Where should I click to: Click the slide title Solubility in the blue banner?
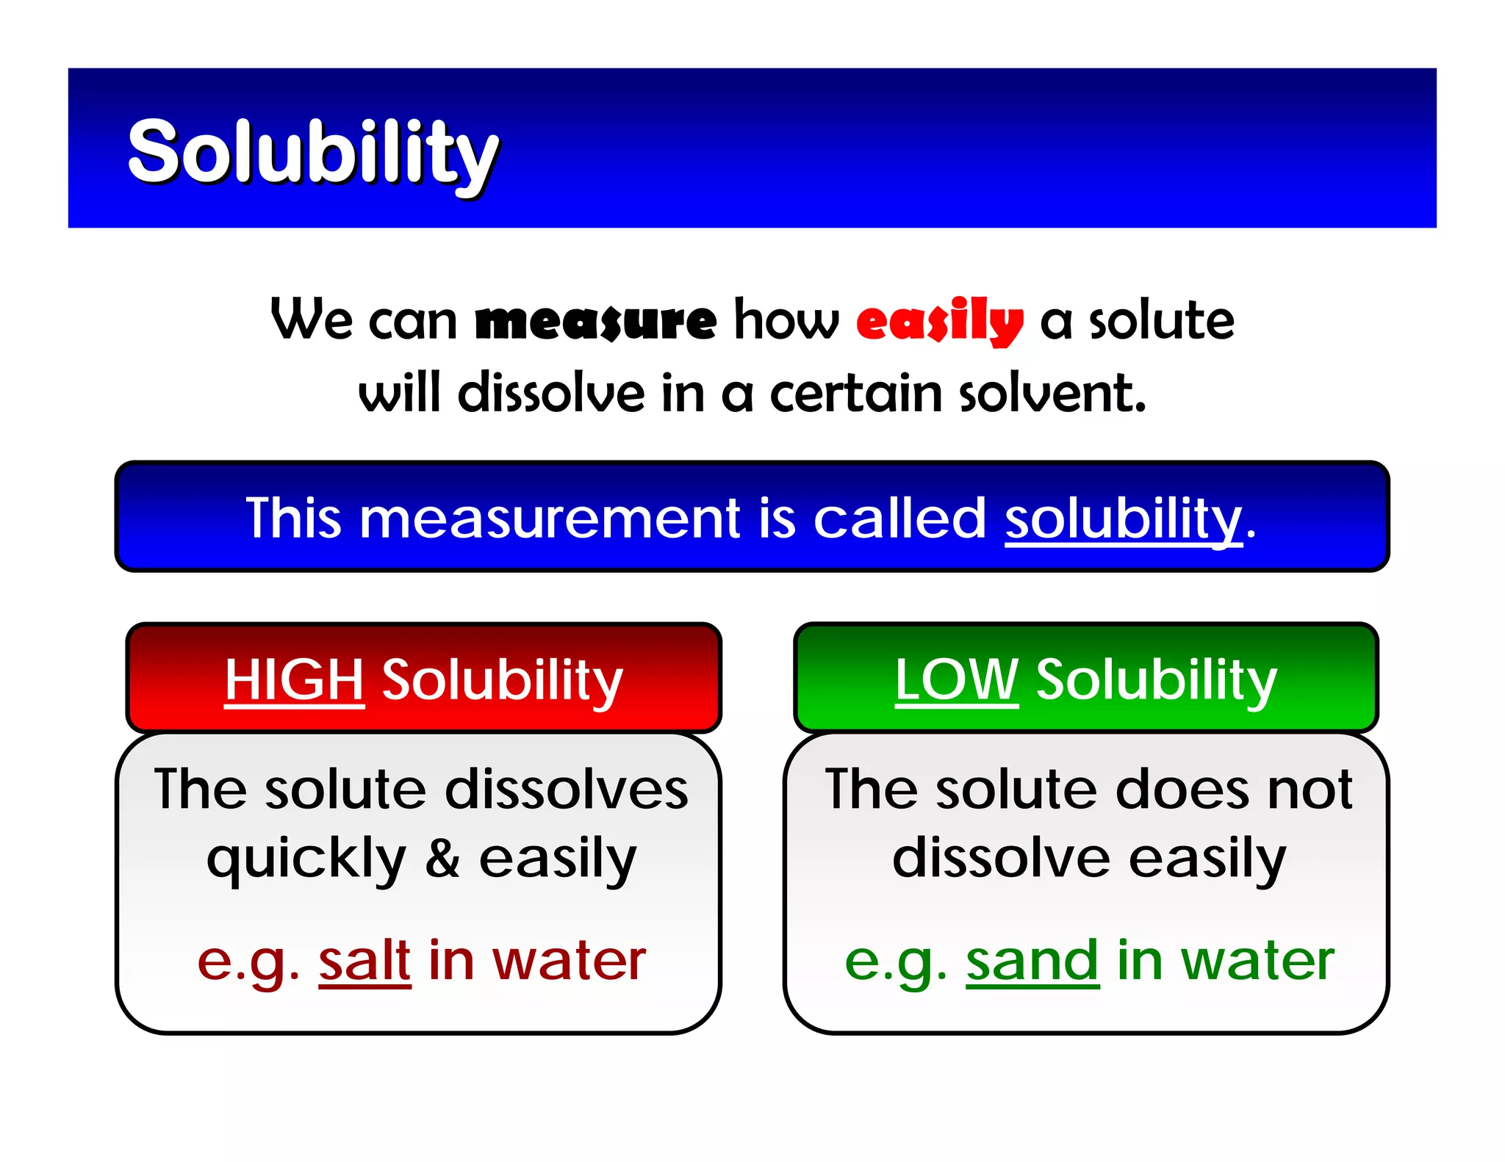click(312, 151)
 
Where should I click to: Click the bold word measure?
click(595, 322)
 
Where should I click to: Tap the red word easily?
click(939, 322)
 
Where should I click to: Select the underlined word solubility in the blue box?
click(1123, 519)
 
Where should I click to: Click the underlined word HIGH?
click(294, 679)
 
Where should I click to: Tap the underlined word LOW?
click(956, 679)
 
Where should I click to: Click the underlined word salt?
click(364, 960)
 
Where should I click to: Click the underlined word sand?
click(1032, 960)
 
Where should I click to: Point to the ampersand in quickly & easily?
click(442, 858)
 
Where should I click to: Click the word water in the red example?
click(569, 960)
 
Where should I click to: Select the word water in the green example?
click(1257, 960)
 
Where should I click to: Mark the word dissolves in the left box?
click(567, 790)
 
